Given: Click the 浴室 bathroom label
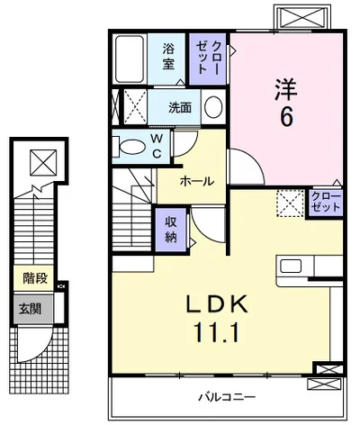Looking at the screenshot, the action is (x=168, y=57).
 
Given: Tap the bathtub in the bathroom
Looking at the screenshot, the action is (x=130, y=59).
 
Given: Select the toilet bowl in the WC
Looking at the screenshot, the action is (x=131, y=147).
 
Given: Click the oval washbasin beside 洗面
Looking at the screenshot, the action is (x=213, y=107).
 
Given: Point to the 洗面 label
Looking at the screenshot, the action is (x=180, y=107).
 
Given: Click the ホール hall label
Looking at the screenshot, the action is (x=197, y=181).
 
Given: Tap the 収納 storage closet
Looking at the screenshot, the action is (x=171, y=230).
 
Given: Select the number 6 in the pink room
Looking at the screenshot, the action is (x=286, y=117).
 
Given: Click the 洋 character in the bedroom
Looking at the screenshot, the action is (x=285, y=89).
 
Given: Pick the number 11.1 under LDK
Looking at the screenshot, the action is (x=218, y=332).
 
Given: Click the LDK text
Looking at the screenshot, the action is (x=218, y=303).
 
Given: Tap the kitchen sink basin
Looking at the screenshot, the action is (x=291, y=266).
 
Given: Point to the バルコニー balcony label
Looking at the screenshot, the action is (x=228, y=397).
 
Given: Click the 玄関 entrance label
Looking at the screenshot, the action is (x=30, y=308).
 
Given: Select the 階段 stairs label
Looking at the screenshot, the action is (x=35, y=278).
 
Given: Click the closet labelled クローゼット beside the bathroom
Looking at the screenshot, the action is (x=208, y=59).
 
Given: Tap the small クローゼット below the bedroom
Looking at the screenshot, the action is (x=326, y=203).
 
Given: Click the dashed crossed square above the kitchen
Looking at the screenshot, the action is (x=290, y=203).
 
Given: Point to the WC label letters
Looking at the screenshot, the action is (x=157, y=147).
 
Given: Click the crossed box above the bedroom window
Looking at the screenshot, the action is (x=301, y=17).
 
